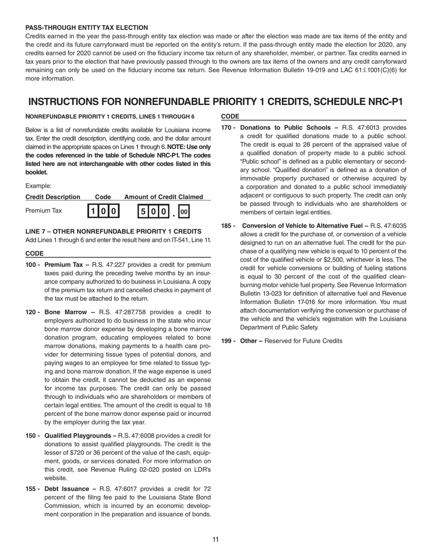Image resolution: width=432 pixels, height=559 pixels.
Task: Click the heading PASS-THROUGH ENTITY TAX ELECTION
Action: [86, 28]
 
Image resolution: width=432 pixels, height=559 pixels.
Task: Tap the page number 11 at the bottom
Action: [216, 539]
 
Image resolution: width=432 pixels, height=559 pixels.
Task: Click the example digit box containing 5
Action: [143, 211]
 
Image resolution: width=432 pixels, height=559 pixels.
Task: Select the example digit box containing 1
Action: [92, 211]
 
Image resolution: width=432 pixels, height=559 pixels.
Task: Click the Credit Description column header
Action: [53, 197]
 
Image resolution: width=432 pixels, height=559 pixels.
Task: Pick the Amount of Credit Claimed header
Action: [164, 197]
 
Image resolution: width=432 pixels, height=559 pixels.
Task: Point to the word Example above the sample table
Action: [38, 186]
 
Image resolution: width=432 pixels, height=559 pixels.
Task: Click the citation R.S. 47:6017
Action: [121, 489]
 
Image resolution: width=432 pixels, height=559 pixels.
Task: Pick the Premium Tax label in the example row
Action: [44, 211]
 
